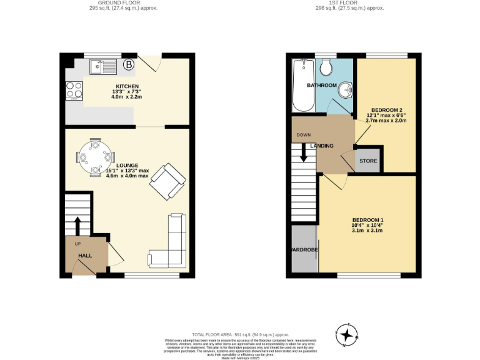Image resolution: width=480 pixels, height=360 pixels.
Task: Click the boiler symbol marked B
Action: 129,64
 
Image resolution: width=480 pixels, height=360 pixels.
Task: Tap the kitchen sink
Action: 100,64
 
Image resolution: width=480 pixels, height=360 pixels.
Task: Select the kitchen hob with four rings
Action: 74,91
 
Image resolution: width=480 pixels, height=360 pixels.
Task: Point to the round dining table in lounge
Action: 95,156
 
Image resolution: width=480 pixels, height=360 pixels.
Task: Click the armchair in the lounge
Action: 167,182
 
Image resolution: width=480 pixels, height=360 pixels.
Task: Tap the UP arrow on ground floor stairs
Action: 78,224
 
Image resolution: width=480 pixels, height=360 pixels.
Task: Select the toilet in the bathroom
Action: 326,67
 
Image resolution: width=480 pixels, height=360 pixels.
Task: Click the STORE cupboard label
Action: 367,161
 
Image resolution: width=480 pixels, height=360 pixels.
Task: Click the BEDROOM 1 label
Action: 367,220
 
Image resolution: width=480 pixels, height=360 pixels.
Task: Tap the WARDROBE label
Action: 304,250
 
